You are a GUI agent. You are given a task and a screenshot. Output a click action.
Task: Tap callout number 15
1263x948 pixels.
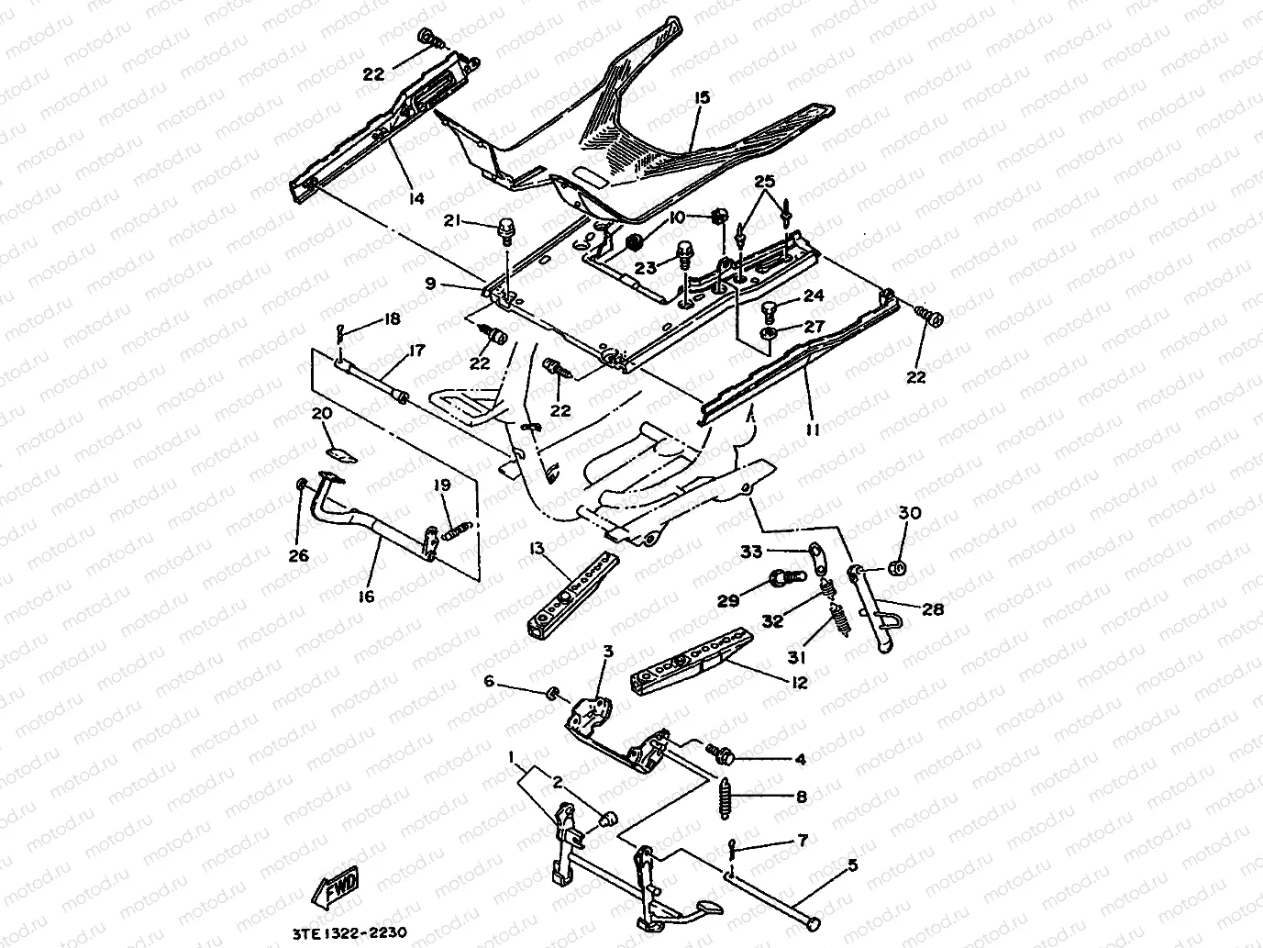coord(703,97)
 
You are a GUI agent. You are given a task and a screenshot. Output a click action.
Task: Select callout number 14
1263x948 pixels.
coord(416,197)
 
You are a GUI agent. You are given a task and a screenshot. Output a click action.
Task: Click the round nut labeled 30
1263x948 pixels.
coord(899,568)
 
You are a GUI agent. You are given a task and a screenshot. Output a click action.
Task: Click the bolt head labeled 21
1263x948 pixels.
coord(504,226)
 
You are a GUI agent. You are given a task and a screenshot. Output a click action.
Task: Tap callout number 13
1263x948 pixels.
coord(537,549)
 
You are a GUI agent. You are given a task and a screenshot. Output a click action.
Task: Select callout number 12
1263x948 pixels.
coord(799,682)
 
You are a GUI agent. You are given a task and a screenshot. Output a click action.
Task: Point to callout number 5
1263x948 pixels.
coord(852,864)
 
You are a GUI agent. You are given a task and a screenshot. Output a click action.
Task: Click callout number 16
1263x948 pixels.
coord(366,597)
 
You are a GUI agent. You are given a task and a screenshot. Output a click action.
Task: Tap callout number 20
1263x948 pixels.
coord(321,414)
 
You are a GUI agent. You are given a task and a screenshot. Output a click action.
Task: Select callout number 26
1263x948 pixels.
coord(299,555)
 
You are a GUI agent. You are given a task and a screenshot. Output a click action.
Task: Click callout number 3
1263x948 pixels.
coord(607,651)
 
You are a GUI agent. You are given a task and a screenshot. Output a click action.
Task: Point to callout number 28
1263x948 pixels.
coord(932,608)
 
